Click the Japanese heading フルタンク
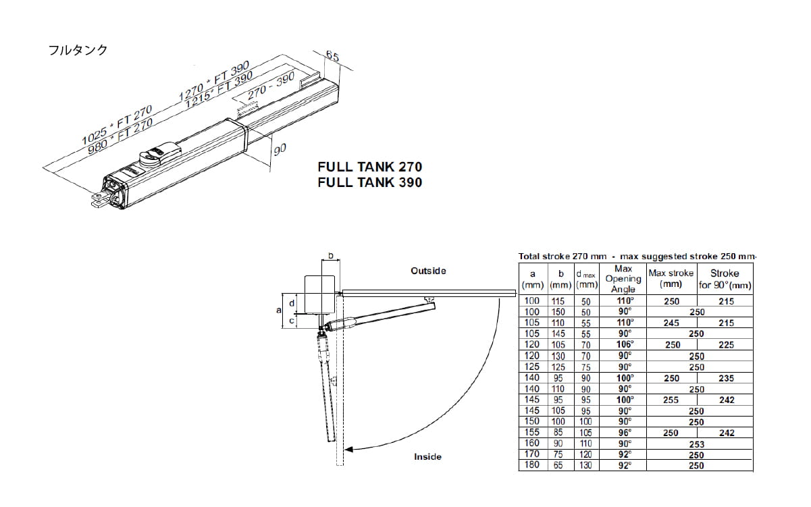tap(78, 51)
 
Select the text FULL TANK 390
tap(370, 182)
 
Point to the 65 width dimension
tap(332, 56)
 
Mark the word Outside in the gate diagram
tap(428, 271)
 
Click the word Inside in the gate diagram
tap(427, 457)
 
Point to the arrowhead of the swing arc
tap(348, 450)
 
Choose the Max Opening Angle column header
tap(623, 279)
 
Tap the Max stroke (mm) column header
tap(671, 278)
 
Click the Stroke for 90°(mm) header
tap(725, 279)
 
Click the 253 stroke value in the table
tap(696, 444)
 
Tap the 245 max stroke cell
tap(671, 323)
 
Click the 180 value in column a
tap(532, 465)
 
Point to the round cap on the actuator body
tap(151, 156)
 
